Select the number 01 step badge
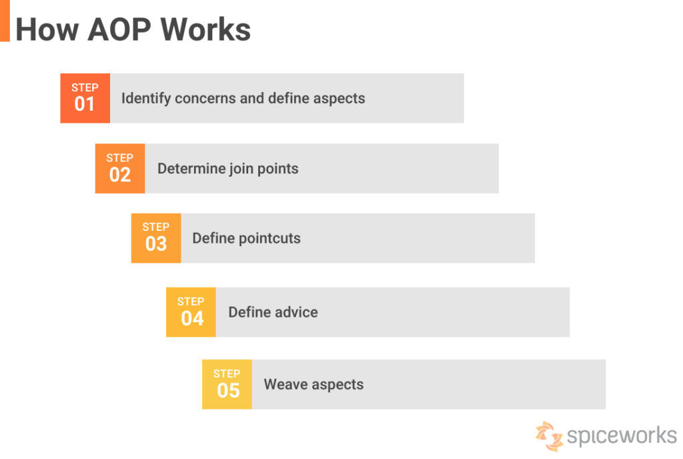(85, 98)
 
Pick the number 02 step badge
(120, 168)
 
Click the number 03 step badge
(156, 238)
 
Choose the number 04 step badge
(191, 312)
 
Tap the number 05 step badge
(227, 384)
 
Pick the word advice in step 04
(295, 312)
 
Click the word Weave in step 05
(285, 384)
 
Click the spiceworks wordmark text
(622, 436)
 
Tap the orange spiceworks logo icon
(550, 436)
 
